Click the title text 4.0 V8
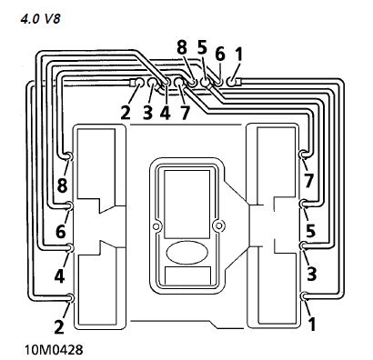click(x=41, y=19)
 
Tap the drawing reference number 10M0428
click(x=54, y=350)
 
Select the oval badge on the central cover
click(x=187, y=253)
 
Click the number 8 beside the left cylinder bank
click(x=62, y=185)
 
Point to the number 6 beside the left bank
click(x=61, y=232)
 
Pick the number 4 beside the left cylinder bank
click(x=60, y=276)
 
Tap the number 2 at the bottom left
click(x=59, y=326)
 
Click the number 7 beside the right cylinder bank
click(x=308, y=180)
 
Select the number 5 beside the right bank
click(x=310, y=230)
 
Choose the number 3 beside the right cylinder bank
click(x=311, y=274)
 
